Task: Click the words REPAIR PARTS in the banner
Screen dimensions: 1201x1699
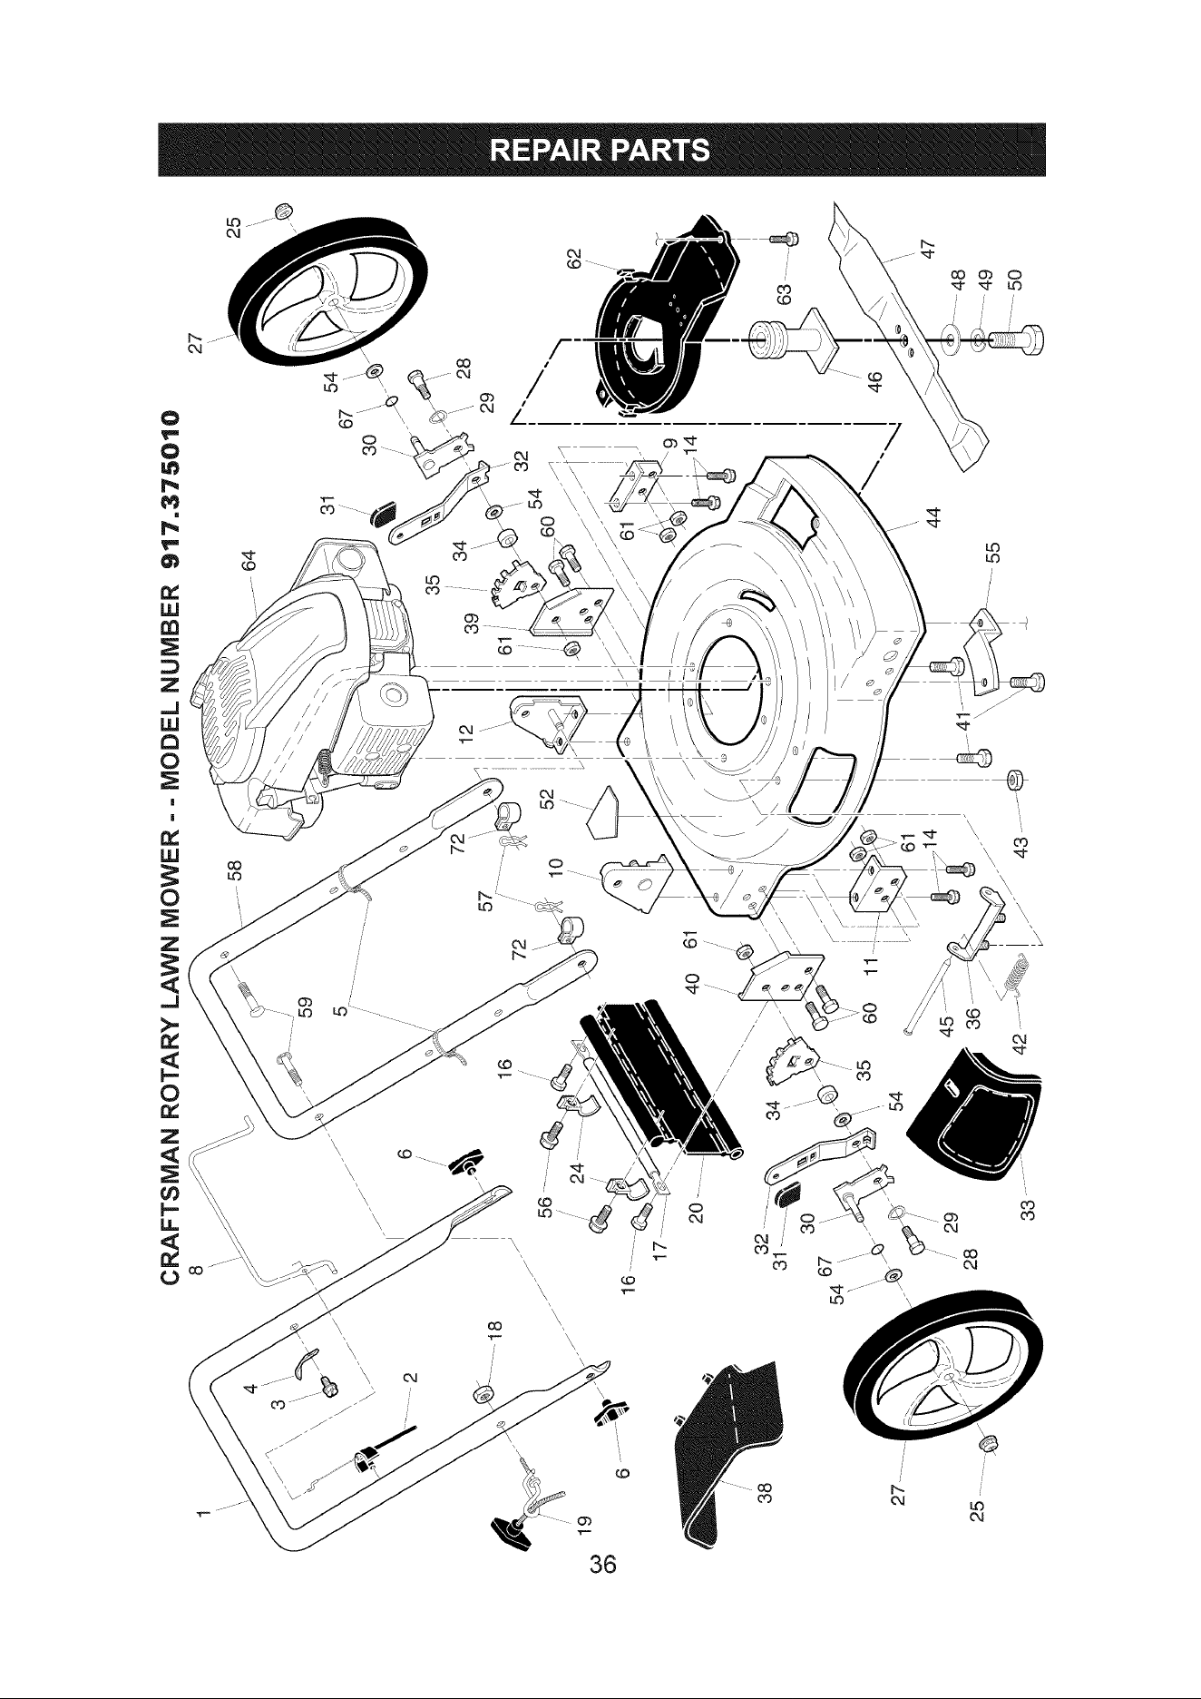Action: pyautogui.click(x=600, y=148)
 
